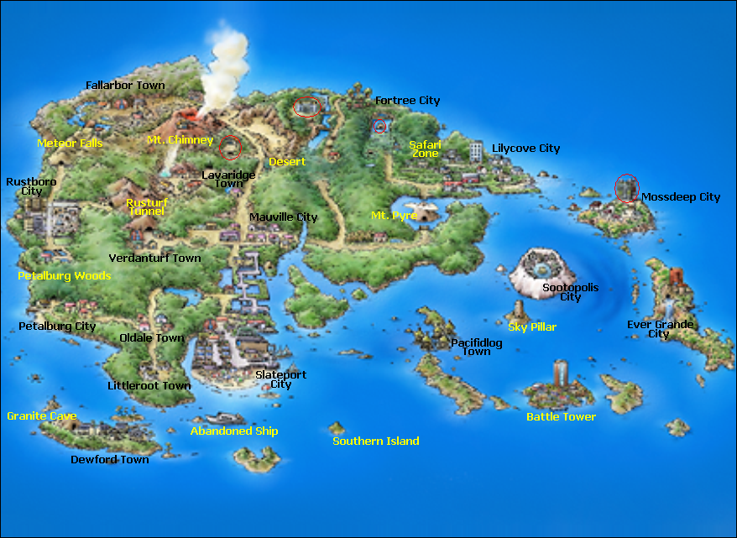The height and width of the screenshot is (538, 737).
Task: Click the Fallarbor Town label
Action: click(x=126, y=86)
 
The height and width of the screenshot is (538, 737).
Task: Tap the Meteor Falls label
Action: click(x=71, y=144)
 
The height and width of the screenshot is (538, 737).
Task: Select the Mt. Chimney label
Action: click(x=180, y=140)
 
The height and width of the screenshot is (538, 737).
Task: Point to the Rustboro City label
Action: click(x=24, y=186)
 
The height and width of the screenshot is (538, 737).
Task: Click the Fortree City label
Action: click(x=407, y=101)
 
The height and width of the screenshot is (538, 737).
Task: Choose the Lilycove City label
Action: click(x=525, y=149)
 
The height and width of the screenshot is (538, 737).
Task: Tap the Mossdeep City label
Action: click(x=681, y=197)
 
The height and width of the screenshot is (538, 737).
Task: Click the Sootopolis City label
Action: click(x=571, y=292)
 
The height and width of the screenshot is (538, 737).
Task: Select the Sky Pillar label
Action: click(x=532, y=327)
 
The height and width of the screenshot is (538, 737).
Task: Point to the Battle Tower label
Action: click(x=561, y=417)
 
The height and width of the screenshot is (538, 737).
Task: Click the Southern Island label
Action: click(x=376, y=441)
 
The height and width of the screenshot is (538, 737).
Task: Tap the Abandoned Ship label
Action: click(x=234, y=431)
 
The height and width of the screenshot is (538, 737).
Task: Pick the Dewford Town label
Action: click(x=110, y=460)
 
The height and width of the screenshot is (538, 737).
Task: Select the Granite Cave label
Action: click(x=42, y=416)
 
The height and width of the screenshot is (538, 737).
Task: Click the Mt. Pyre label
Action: click(x=393, y=216)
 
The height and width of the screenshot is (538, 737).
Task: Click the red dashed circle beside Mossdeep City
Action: click(x=626, y=188)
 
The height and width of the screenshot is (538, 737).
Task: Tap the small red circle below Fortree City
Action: click(x=379, y=127)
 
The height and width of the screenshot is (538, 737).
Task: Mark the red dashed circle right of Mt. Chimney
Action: click(x=229, y=148)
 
